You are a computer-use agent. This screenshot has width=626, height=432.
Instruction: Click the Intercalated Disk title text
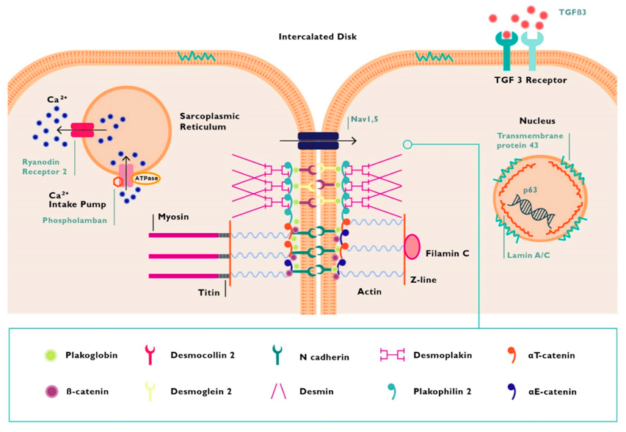[317, 37]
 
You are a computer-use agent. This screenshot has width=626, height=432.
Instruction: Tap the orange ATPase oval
[147, 179]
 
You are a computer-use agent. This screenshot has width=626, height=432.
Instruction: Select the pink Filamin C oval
[412, 247]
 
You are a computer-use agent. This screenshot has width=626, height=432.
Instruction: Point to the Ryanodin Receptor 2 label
[44, 167]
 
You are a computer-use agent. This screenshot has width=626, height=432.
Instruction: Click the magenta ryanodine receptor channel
[82, 130]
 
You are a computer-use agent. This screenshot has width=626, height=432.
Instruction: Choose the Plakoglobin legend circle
[51, 356]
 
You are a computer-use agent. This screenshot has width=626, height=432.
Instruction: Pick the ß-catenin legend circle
[51, 392]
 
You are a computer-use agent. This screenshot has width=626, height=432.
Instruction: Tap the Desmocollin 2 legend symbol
[150, 355]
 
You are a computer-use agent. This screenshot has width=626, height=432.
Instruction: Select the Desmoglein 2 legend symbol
[150, 391]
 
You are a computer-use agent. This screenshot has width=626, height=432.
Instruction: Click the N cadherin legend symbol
[277, 356]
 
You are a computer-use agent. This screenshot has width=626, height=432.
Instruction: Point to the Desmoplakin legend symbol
[392, 354]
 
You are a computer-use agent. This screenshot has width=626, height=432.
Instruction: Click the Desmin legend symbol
[278, 392]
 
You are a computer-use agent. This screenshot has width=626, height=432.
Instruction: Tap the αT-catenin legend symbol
[512, 354]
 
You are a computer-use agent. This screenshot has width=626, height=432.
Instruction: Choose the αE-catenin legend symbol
[512, 392]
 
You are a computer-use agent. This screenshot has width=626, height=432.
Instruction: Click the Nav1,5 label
[365, 119]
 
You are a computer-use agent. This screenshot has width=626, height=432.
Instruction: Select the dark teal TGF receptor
[506, 51]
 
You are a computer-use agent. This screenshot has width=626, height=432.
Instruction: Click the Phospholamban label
[75, 220]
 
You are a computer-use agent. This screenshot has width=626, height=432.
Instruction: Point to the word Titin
[209, 292]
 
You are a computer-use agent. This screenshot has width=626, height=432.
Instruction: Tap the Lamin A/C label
[528, 255]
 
